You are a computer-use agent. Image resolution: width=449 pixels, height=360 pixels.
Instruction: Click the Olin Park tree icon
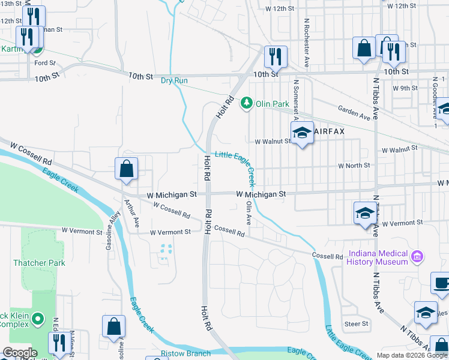click(x=246, y=104)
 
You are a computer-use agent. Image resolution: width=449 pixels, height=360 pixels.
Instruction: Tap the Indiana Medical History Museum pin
click(x=418, y=258)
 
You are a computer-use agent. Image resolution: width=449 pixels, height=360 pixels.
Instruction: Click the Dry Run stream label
click(x=174, y=81)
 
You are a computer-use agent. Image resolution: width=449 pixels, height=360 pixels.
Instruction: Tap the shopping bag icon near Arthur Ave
click(x=127, y=170)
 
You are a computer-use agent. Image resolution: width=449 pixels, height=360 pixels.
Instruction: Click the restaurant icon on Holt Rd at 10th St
click(x=276, y=58)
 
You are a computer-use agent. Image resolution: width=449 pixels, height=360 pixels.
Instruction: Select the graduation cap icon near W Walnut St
click(x=302, y=133)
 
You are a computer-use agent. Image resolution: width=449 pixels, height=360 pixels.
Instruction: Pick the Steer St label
click(x=356, y=324)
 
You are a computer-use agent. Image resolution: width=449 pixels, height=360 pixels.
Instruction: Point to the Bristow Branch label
click(x=185, y=353)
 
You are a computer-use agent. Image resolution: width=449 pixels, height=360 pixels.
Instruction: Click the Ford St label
click(x=45, y=62)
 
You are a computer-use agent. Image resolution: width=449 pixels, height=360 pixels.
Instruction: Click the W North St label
click(x=354, y=166)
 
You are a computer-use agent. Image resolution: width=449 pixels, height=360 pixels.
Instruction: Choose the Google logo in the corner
click(x=20, y=353)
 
